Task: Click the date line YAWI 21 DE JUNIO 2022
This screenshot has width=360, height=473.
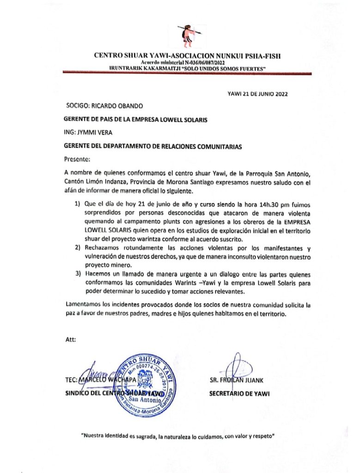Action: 258,94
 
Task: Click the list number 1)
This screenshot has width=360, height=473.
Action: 78,203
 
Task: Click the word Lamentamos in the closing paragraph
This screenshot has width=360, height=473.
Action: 85,305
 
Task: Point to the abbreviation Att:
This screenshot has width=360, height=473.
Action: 71,340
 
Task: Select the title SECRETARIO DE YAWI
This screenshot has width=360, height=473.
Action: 240,394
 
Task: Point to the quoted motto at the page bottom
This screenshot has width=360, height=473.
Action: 178,435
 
